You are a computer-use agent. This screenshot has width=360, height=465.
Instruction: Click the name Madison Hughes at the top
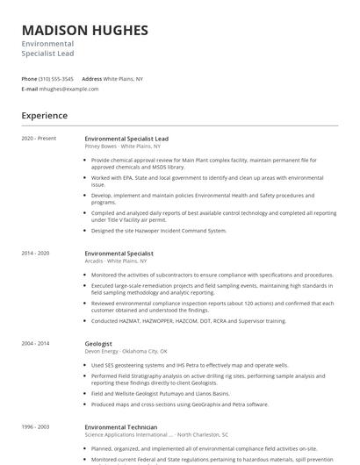(84, 31)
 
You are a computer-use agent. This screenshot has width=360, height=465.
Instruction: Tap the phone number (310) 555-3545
(58, 78)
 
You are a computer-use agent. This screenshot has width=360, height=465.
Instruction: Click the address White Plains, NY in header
(124, 78)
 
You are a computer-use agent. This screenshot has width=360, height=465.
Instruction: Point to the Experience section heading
(44, 115)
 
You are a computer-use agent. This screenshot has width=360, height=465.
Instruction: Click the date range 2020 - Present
(39, 139)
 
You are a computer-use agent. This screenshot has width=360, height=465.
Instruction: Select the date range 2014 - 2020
(37, 253)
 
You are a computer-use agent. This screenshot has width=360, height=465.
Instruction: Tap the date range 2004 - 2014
(37, 344)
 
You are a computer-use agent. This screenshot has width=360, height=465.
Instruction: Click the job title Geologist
(98, 344)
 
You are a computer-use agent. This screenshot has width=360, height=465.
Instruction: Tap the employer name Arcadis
(97, 261)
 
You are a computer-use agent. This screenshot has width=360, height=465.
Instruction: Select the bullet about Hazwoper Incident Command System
(158, 231)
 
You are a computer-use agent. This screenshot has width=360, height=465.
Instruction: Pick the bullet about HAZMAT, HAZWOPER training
(188, 321)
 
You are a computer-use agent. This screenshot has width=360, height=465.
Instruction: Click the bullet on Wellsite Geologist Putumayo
(166, 394)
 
